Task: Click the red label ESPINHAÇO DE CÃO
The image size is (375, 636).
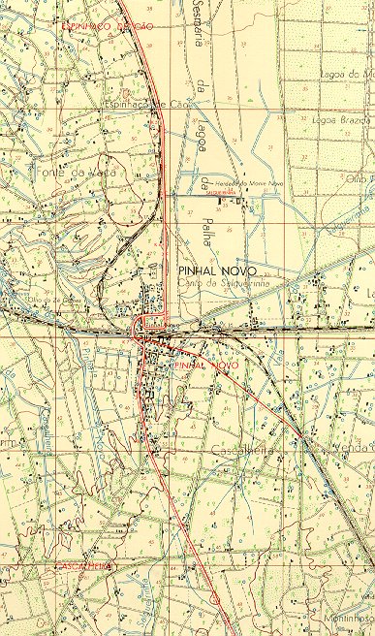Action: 107,26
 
